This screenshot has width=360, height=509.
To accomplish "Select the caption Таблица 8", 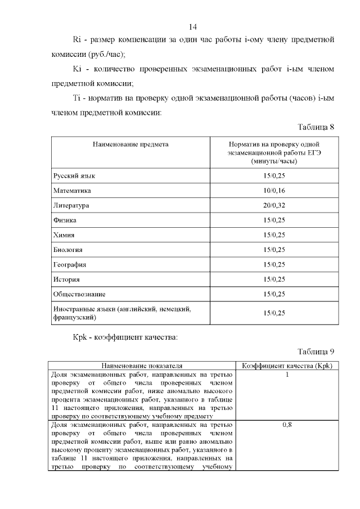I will point(316,127).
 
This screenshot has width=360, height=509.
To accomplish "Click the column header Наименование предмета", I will point(130,145).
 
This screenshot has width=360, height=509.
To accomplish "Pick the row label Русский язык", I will point(74,176).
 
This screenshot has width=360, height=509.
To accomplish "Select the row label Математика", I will point(72,191).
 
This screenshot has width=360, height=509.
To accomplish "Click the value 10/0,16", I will point(274,191).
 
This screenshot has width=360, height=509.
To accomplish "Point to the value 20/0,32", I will point(274,205).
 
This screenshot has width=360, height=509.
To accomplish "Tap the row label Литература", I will point(71,205).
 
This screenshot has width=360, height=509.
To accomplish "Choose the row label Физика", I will point(65,220).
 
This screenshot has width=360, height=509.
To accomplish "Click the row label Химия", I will point(64,235).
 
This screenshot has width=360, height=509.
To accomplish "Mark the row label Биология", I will point(68,250).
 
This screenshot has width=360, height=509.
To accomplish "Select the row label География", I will point(70,264).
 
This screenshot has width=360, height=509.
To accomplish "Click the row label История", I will point(66,279).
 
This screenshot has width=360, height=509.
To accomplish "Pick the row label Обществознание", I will point(79,294).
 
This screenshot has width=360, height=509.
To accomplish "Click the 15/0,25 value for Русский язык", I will point(274,176).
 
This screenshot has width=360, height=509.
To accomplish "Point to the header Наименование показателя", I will point(141,366).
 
